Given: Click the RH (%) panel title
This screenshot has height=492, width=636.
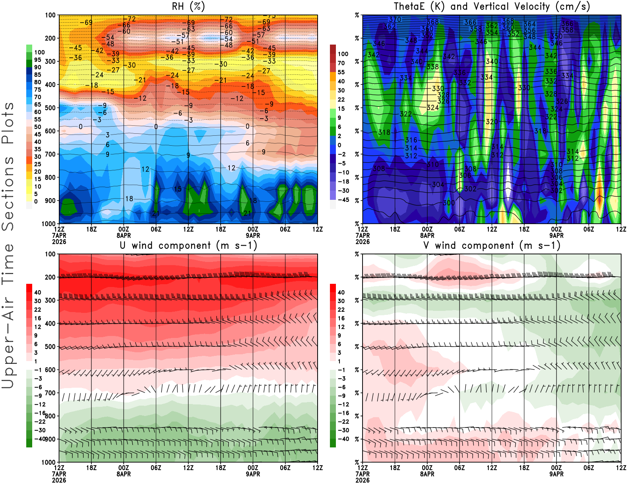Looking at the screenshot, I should pyautogui.click(x=188, y=6).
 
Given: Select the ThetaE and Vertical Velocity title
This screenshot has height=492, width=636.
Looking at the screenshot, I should pyautogui.click(x=492, y=6).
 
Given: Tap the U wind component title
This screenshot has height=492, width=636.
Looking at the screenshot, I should pyautogui.click(x=188, y=246).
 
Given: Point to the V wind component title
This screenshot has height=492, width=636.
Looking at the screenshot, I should pyautogui.click(x=492, y=246).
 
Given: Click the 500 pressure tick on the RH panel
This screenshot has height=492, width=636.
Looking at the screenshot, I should pyautogui.click(x=50, y=108).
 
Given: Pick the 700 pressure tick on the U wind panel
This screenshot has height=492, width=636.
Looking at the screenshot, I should pyautogui.click(x=50, y=393).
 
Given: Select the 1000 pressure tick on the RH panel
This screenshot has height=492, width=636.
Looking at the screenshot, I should pyautogui.click(x=49, y=224).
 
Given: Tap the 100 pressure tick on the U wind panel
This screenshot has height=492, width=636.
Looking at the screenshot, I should pyautogui.click(x=50, y=254).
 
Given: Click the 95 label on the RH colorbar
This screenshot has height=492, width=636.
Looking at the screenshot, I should pyautogui.click(x=38, y=60).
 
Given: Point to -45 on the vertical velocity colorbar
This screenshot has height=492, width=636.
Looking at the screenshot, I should pyautogui.click(x=343, y=200).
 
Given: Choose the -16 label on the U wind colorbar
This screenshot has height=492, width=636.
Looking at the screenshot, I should pyautogui.click(x=40, y=413).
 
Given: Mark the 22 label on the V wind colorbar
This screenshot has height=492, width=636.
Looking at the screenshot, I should pyautogui.click(x=341, y=310).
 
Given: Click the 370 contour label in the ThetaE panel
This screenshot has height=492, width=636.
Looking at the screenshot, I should pyautogui.click(x=395, y=19).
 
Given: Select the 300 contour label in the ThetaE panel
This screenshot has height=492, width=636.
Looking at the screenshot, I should pyautogui.click(x=449, y=203).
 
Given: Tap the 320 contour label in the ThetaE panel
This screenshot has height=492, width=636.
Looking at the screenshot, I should pyautogui.click(x=492, y=122).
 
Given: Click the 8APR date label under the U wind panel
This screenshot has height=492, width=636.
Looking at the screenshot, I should pyautogui.click(x=124, y=474).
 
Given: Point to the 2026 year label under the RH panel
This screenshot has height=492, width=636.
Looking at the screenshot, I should pyautogui.click(x=59, y=242).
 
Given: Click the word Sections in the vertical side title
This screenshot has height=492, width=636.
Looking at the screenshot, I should pyautogui.click(x=8, y=193).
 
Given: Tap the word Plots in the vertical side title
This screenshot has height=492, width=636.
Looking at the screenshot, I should pyautogui.click(x=8, y=123).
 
